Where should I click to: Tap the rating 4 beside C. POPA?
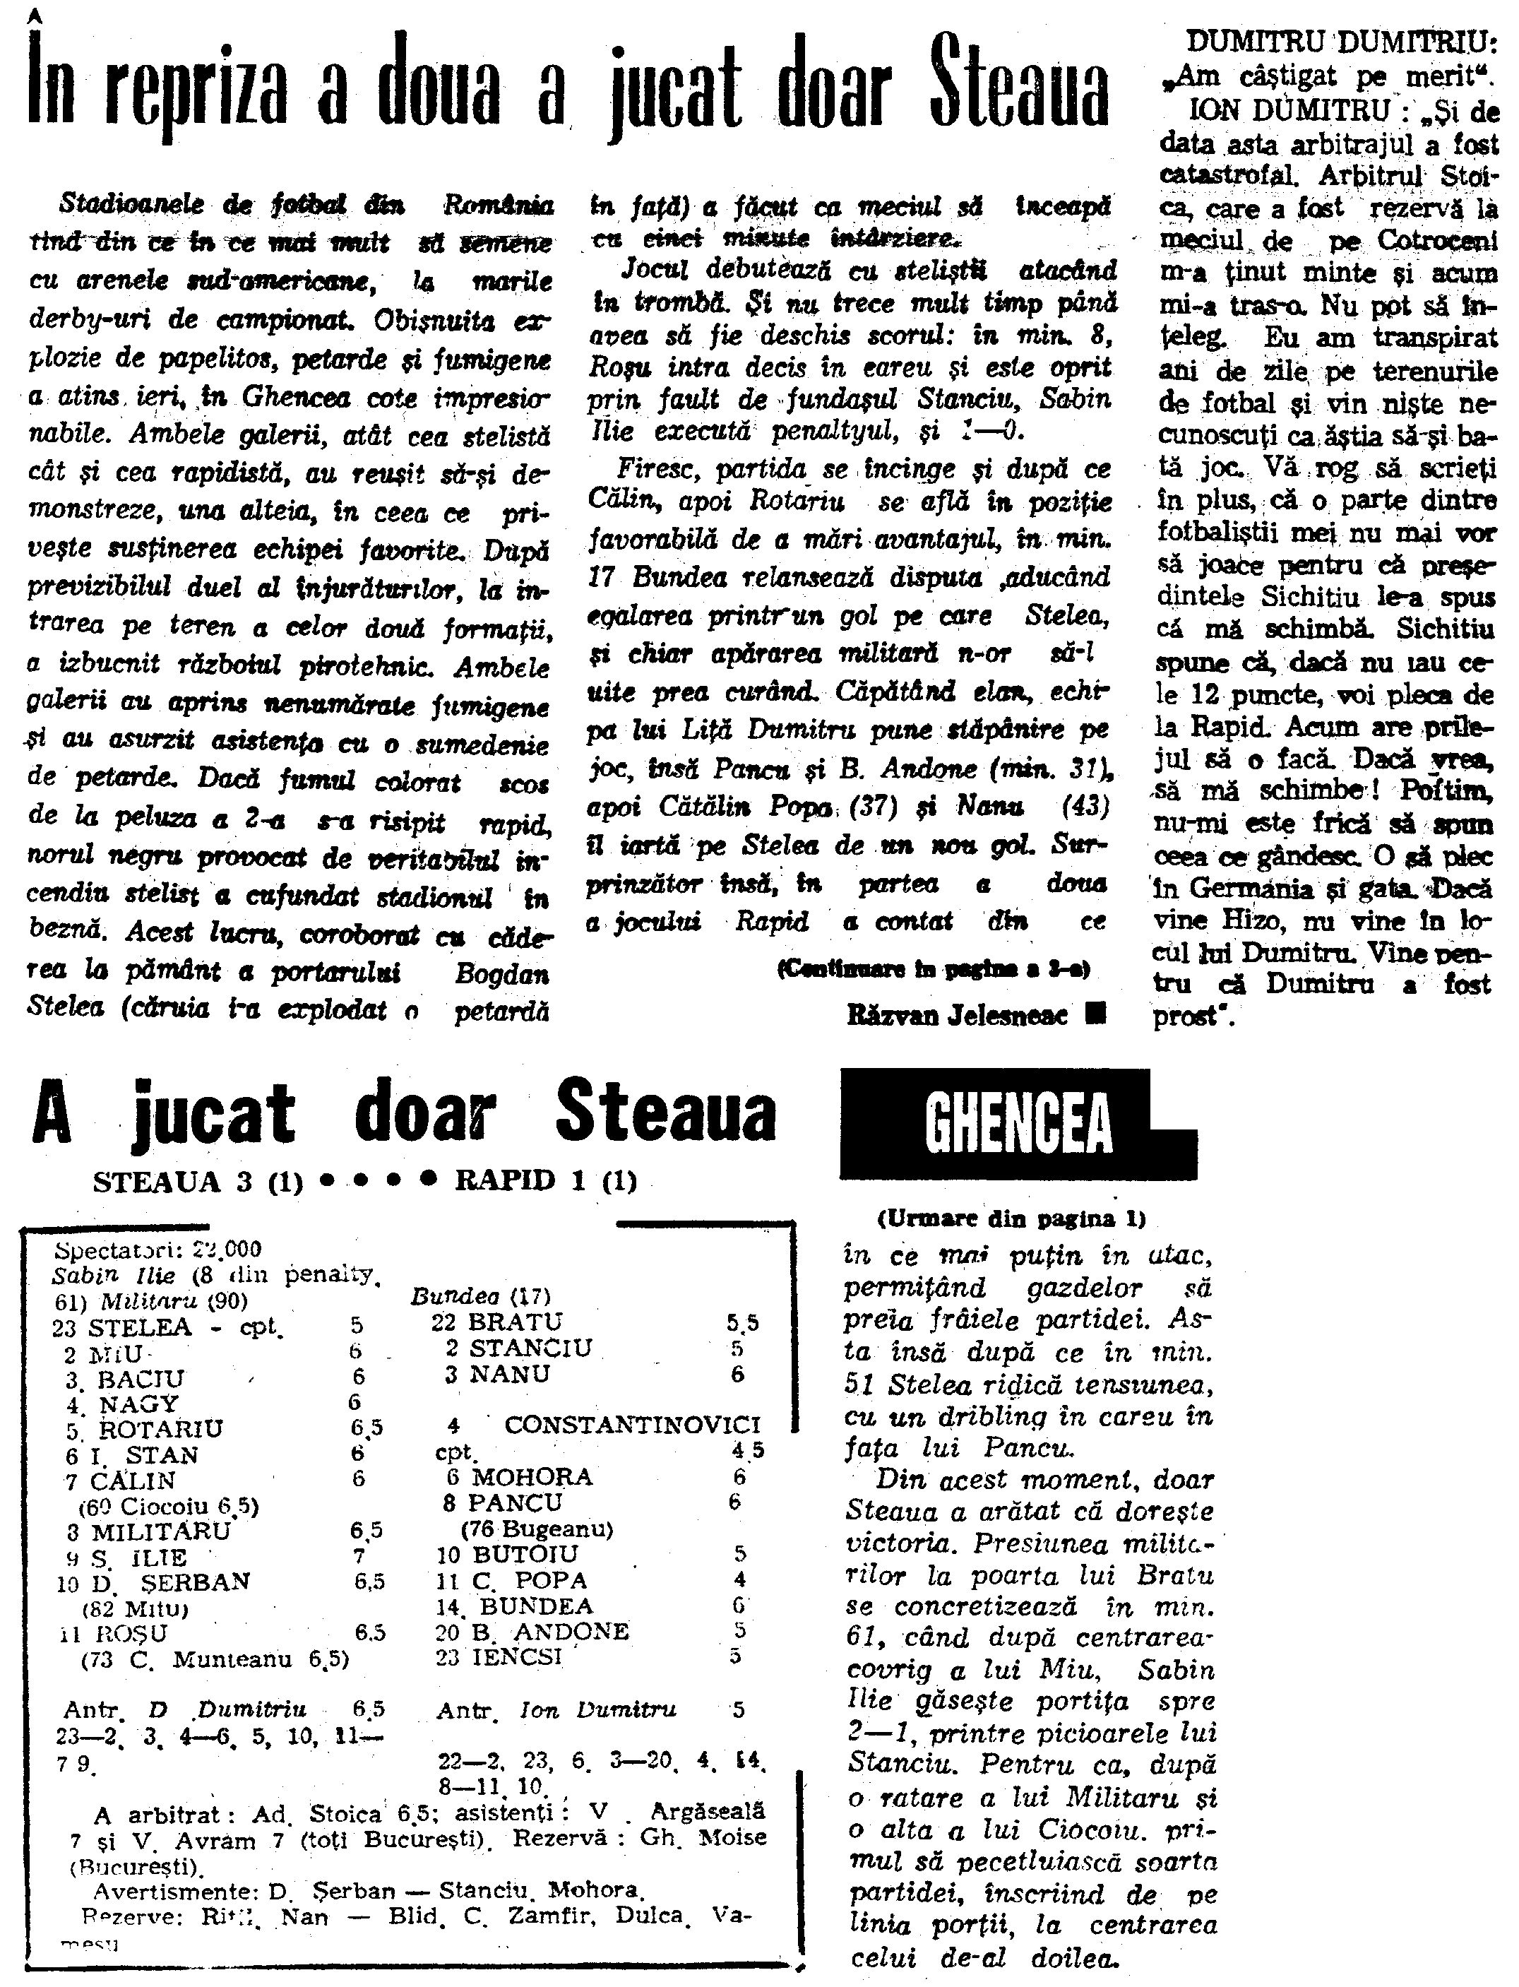click(x=739, y=1580)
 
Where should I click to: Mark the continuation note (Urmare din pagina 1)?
click(x=1011, y=1219)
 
